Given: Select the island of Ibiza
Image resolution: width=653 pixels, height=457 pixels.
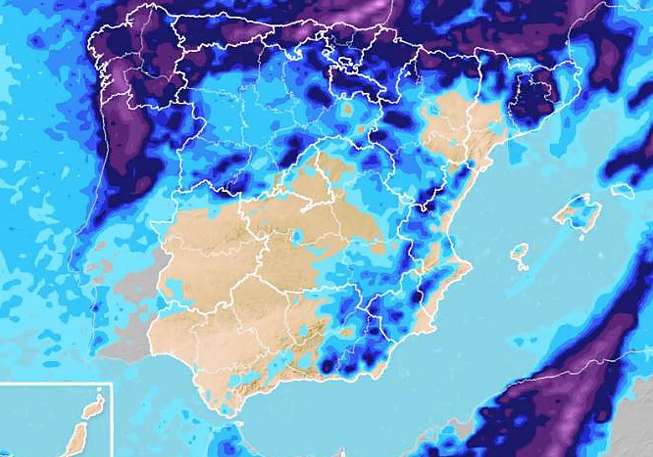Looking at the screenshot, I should [x=520, y=252].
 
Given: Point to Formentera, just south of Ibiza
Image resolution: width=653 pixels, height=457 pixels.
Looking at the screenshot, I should [x=523, y=267].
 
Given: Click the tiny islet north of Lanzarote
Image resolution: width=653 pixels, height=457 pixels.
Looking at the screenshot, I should [x=99, y=390].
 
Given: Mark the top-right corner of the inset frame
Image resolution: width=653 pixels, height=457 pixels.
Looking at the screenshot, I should [x=112, y=383].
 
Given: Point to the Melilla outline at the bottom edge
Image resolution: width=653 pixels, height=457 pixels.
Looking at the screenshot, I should [x=342, y=452].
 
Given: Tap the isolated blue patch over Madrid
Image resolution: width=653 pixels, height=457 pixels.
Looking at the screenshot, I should [x=297, y=237].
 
